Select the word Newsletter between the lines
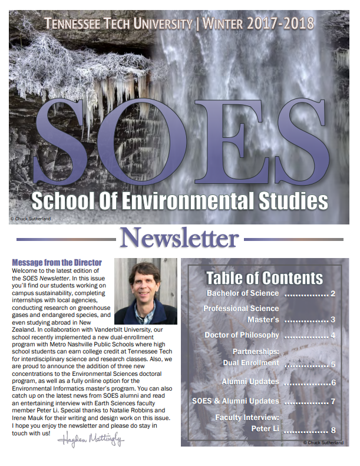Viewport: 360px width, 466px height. (179, 239)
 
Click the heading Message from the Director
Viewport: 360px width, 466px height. (57, 262)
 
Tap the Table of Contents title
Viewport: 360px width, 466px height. (264, 278)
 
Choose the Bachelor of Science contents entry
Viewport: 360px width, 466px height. (243, 293)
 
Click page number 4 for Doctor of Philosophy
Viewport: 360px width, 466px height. (333, 336)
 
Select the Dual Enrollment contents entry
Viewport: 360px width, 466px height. (250, 363)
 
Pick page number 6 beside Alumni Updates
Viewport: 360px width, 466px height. (333, 383)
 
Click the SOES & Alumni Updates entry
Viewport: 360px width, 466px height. (236, 401)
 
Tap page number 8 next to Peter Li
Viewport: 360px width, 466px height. (333, 430)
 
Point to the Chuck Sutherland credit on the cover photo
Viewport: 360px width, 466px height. (31, 218)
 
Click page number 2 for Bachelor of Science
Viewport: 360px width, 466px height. (333, 294)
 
